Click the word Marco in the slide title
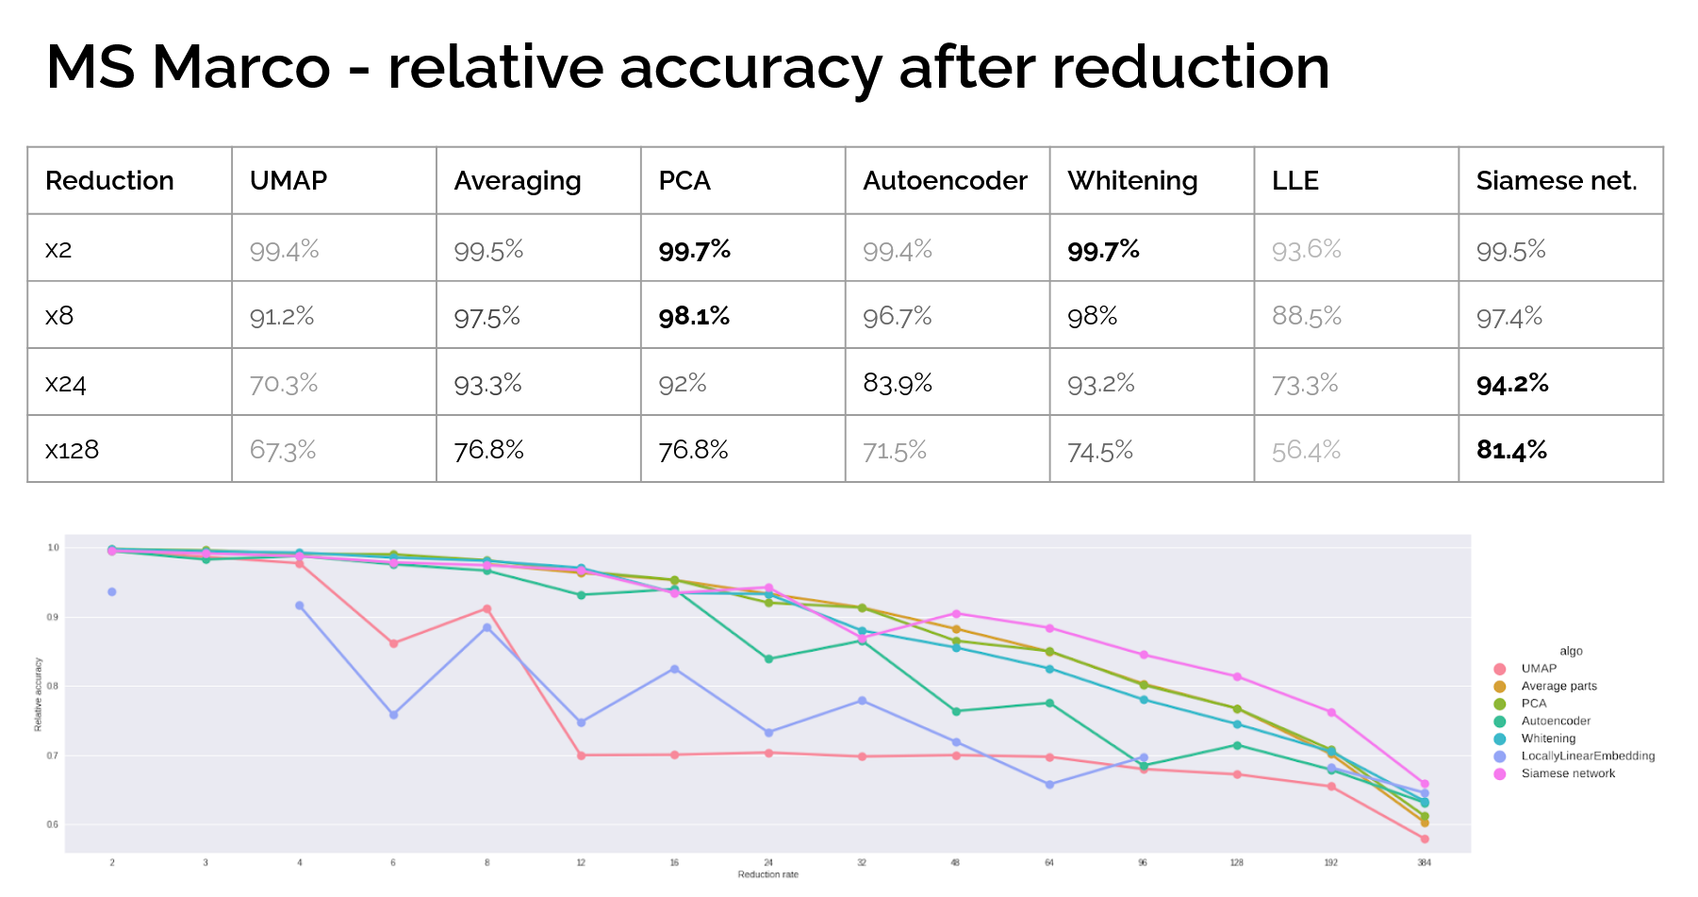[241, 68]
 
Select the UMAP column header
[288, 180]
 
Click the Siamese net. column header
[1556, 180]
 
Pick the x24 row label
[66, 384]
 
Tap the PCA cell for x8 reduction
[694, 316]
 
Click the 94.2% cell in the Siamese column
[1512, 384]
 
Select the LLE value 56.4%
[1306, 451]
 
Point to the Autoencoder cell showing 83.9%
[898, 384]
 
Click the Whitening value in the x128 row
[1099, 451]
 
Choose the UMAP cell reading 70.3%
[284, 384]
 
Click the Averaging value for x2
[488, 250]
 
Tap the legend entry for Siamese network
[1567, 773]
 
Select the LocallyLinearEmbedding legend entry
[1587, 756]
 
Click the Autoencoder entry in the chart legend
[1555, 721]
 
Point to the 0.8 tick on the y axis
[53, 686]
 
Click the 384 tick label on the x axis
[1424, 862]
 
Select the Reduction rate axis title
[767, 874]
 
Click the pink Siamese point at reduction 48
[956, 614]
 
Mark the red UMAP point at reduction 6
[393, 643]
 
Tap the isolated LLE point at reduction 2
[112, 591]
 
